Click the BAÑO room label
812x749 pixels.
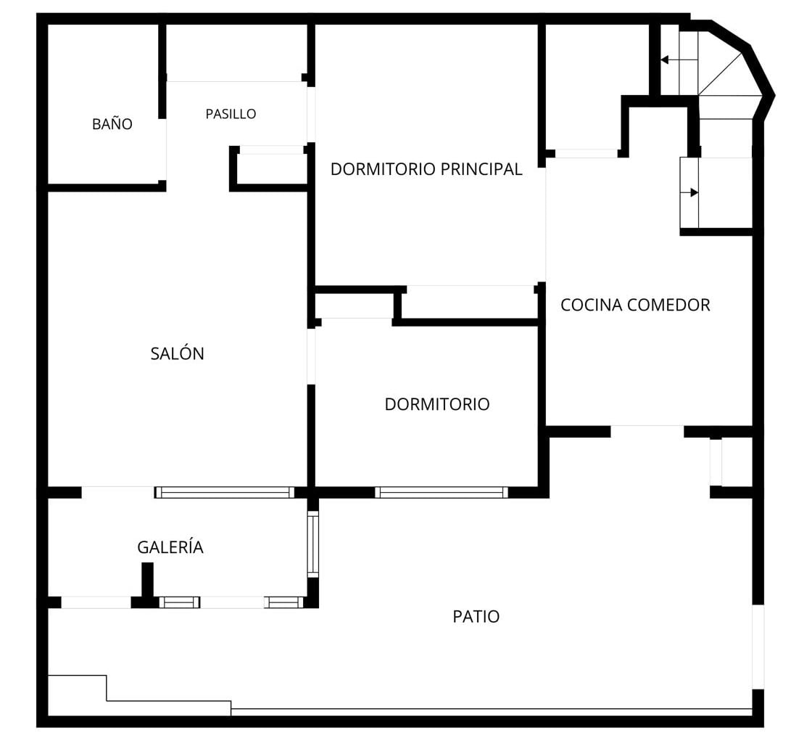[x=112, y=123]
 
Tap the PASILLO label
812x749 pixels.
[x=231, y=114]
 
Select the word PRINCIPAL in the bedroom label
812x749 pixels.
[x=481, y=169]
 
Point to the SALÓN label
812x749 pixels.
[x=177, y=353]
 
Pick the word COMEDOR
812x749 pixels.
[x=668, y=305]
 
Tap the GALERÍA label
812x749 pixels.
[x=170, y=547]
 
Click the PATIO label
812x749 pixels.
[x=476, y=616]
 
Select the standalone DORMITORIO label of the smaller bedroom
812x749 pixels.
[x=437, y=404]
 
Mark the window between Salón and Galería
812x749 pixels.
[x=224, y=492]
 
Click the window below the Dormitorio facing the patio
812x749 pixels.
[x=442, y=492]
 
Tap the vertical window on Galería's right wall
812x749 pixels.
[x=312, y=544]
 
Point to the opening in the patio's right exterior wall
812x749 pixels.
[x=758, y=647]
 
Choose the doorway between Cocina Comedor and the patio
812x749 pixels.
[x=647, y=431]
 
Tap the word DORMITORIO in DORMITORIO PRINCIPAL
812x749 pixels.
[x=384, y=169]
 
